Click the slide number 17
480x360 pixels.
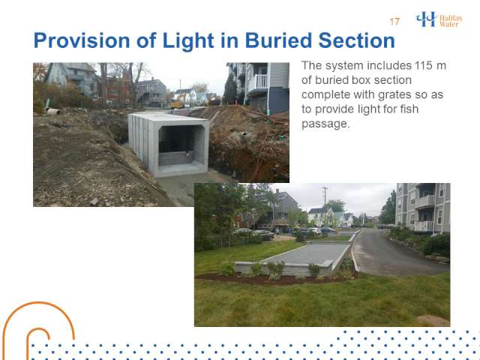(394, 22)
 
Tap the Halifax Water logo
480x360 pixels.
(439, 19)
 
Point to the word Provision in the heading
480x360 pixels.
(82, 40)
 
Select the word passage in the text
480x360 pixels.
(324, 124)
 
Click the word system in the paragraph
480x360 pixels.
(344, 66)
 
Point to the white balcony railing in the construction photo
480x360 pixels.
(258, 82)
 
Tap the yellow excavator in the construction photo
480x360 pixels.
(176, 104)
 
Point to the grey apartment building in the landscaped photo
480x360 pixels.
(422, 208)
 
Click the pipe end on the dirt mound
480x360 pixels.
(53, 112)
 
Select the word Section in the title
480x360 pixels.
(357, 40)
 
